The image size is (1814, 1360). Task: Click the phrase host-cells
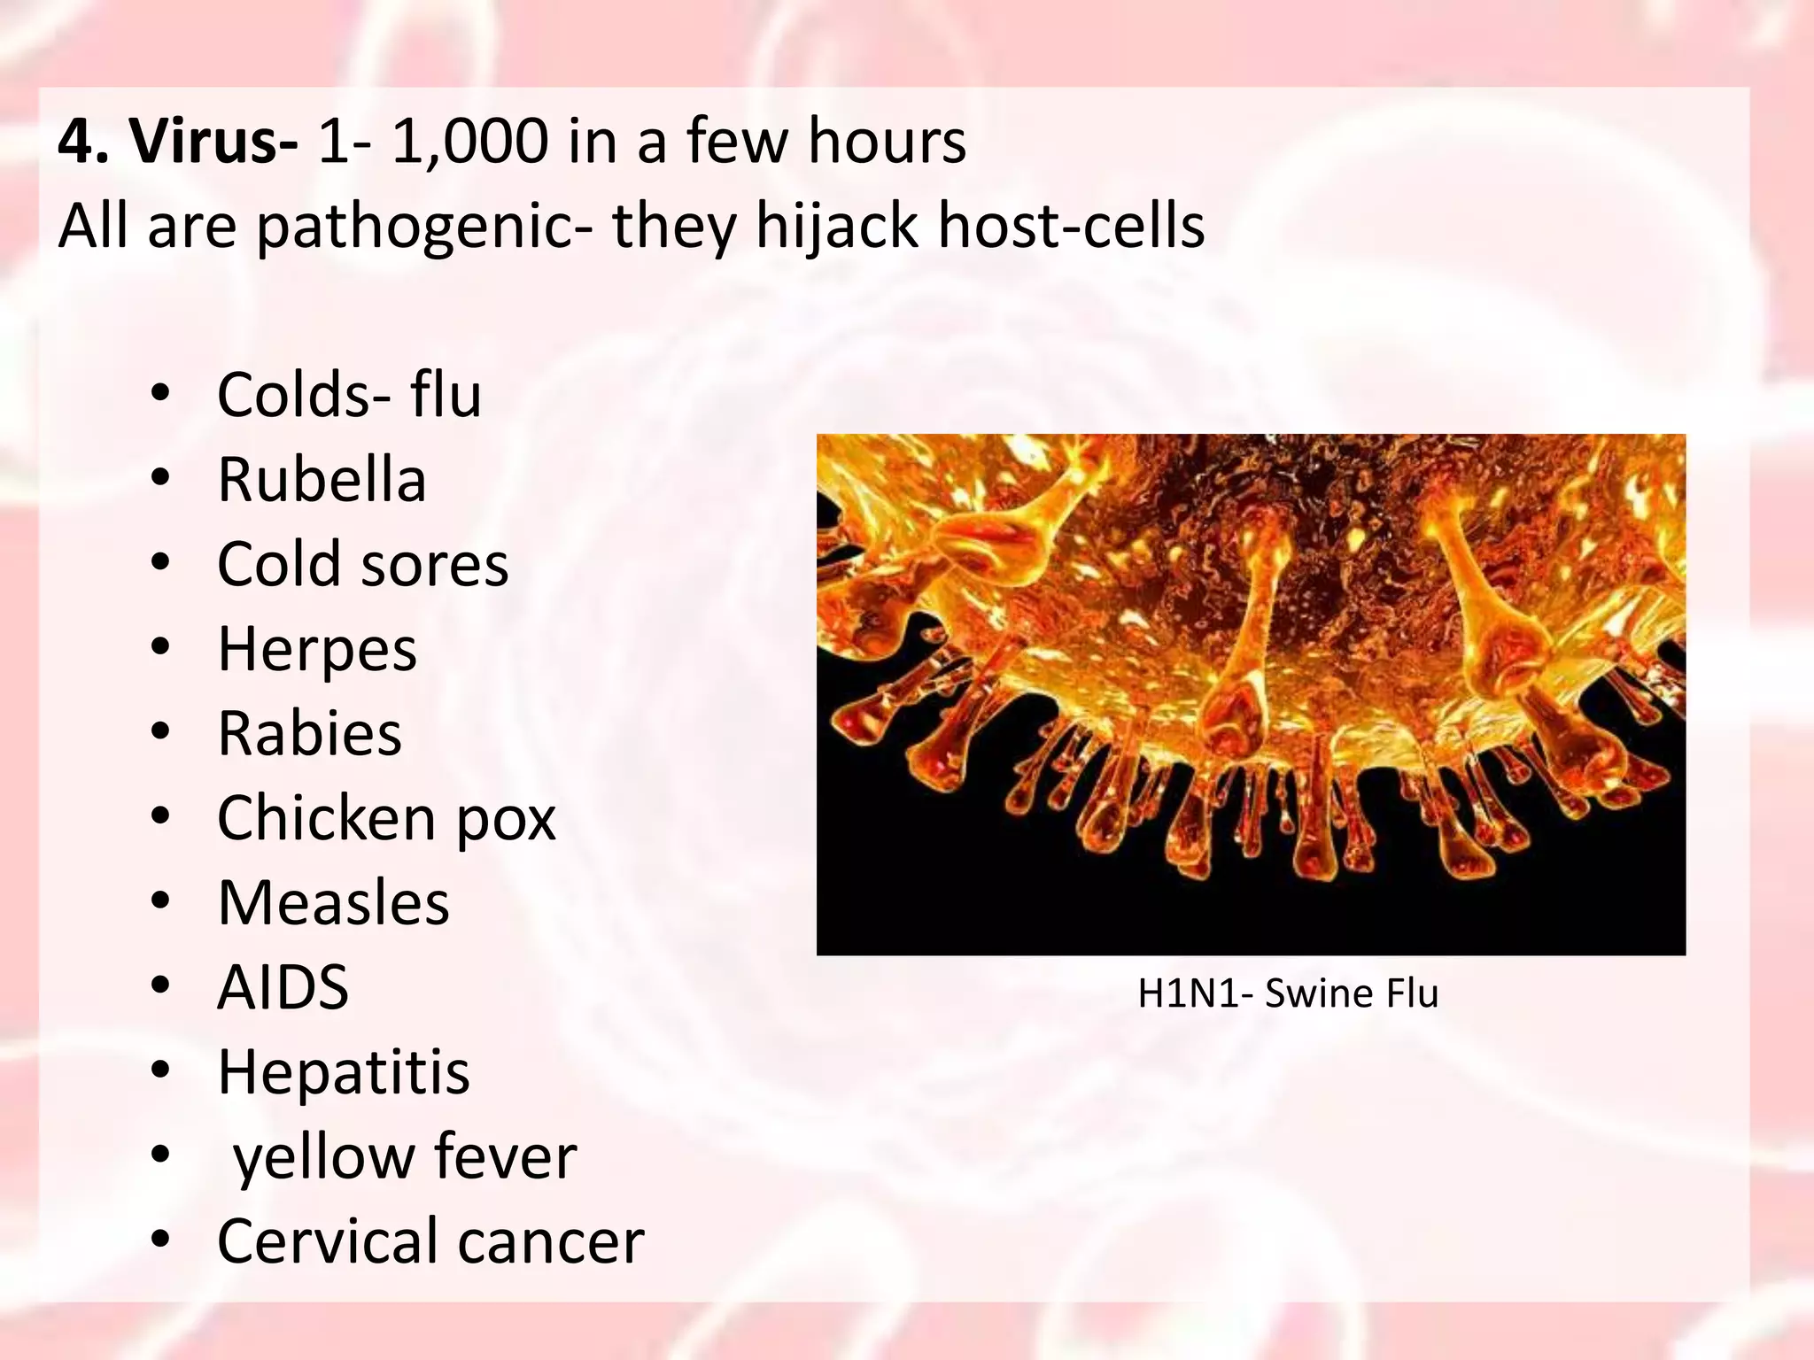point(1071,225)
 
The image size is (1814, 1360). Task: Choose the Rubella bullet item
point(322,480)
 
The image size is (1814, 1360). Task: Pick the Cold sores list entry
point(363,564)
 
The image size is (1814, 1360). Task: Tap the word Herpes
point(317,649)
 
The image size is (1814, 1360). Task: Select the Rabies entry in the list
point(309,734)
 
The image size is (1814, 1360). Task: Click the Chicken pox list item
point(386,818)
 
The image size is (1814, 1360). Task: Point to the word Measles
point(333,903)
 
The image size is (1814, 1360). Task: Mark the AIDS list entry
point(283,987)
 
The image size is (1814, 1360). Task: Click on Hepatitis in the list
point(344,1072)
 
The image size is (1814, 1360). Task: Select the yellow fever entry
point(405,1157)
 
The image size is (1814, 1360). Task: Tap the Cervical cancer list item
point(430,1241)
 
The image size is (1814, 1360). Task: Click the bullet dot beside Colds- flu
point(159,395)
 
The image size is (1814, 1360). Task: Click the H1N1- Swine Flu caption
point(1287,993)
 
